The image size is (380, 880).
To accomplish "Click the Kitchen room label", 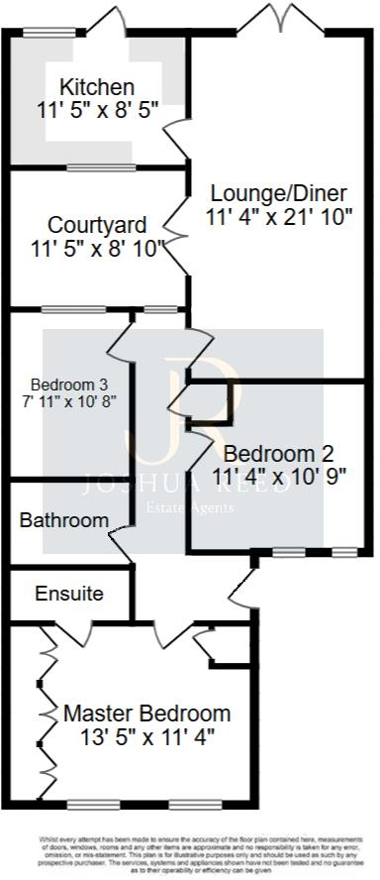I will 97,87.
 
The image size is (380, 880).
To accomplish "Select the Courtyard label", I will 97,225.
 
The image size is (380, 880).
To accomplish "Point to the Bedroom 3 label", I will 68,385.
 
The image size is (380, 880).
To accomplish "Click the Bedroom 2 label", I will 278,454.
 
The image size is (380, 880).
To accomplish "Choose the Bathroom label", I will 64,520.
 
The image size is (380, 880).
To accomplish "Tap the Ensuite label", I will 69,595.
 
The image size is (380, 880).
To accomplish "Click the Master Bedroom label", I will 147,714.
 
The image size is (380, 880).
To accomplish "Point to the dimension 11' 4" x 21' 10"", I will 279,217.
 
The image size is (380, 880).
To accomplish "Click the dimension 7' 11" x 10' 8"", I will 68,402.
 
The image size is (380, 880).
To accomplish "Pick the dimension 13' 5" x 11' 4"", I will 147,737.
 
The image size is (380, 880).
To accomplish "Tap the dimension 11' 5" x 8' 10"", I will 97,249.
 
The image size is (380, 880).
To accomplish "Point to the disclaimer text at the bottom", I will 190,853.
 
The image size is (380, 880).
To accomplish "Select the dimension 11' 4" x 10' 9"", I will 278,477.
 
